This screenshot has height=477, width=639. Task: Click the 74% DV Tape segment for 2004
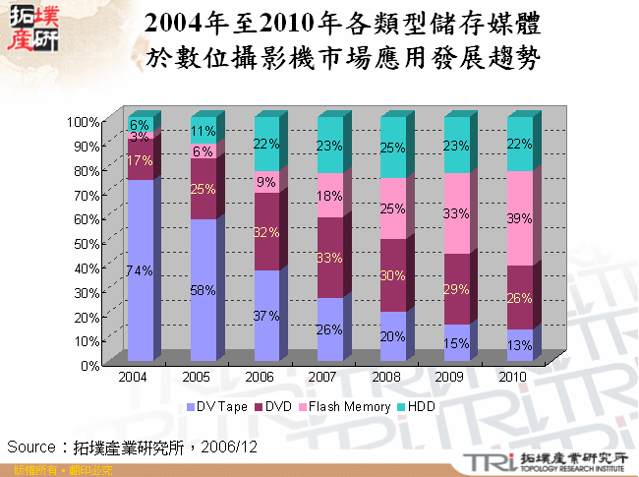140,270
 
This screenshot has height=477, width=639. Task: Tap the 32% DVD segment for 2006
266,232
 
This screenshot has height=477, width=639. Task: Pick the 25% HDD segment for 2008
393,148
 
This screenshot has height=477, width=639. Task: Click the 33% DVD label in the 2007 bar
329,257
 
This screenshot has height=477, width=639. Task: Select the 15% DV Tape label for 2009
455,343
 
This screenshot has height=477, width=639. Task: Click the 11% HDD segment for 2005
203,131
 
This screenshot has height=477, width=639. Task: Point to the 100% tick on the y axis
83,122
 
